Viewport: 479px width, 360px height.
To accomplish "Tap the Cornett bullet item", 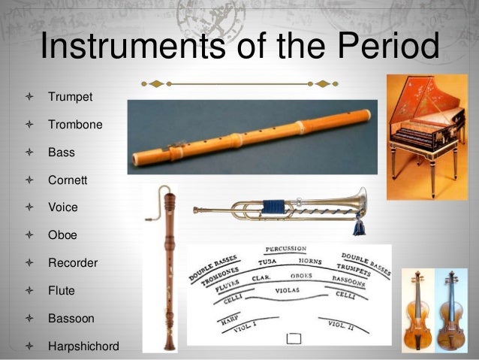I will tap(68, 180).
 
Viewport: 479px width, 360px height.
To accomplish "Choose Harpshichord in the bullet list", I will tap(83, 346).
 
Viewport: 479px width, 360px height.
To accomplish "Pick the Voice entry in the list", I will tap(62, 207).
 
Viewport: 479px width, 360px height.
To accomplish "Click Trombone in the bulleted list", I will tap(75, 124).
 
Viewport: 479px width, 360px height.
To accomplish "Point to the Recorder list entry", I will tap(73, 263).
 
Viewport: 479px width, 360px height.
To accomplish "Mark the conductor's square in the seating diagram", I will tap(294, 339).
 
